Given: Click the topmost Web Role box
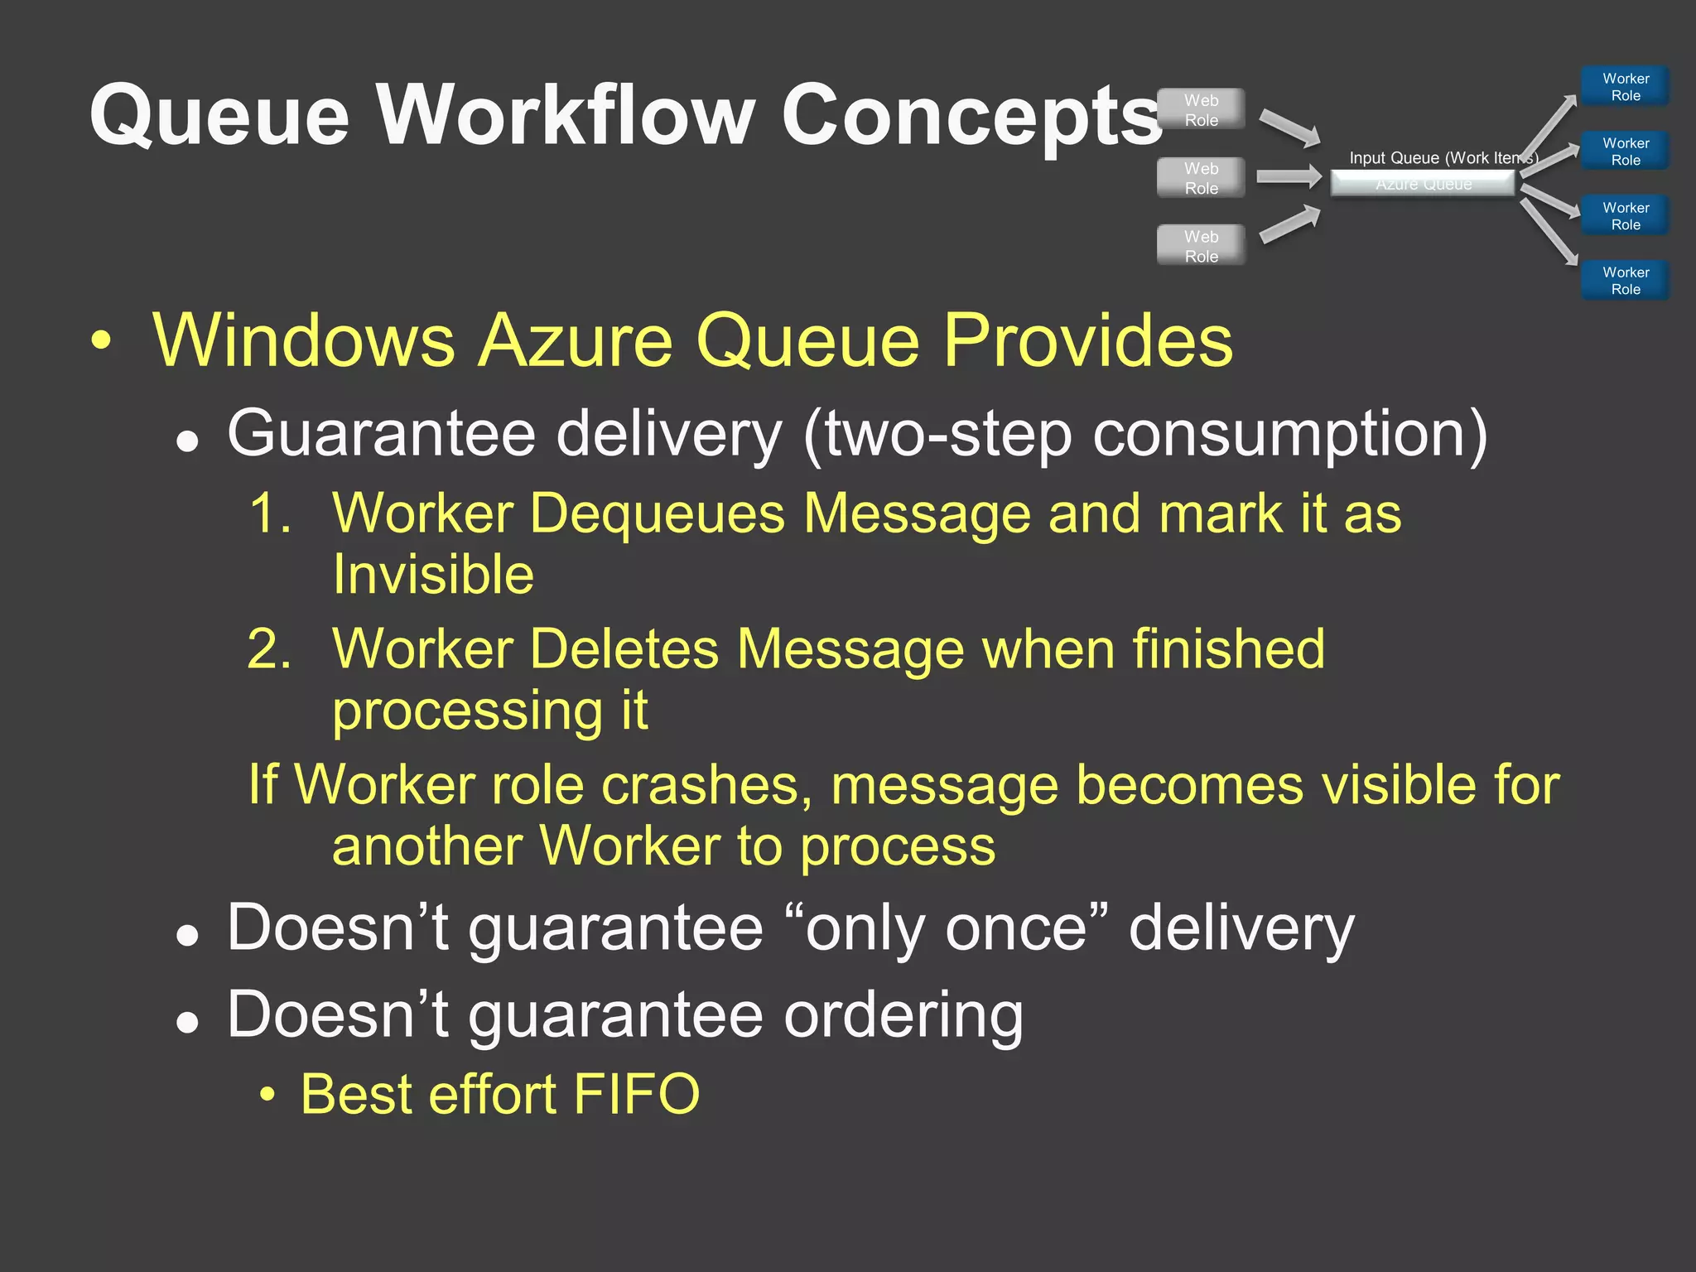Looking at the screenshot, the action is click(1201, 109).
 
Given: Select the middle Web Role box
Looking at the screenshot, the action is click(1201, 178).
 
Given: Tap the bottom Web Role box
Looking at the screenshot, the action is click(1201, 246).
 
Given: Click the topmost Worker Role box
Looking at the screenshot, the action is click(1625, 87).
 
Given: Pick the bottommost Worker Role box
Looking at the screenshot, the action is click(1625, 281).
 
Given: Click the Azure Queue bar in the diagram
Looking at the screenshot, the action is click(1423, 184).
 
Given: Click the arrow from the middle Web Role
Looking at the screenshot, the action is click(1289, 176).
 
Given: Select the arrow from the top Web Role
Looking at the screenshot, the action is click(1289, 128).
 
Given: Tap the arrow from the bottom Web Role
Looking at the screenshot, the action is click(1289, 225).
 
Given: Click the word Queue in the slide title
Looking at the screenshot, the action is click(219, 116).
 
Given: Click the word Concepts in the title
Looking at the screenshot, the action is click(971, 116).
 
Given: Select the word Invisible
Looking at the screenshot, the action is click(433, 574).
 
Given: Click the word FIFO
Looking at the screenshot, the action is click(636, 1094).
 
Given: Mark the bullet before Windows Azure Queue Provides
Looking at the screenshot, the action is click(101, 340).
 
